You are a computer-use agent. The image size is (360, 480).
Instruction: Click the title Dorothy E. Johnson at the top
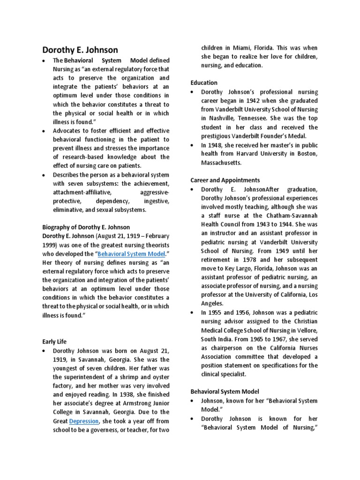pyautogui.click(x=80, y=50)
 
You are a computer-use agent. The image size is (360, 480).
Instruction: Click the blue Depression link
pyautogui.click(x=84, y=421)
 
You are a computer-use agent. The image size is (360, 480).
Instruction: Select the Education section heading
pyautogui.click(x=204, y=82)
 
